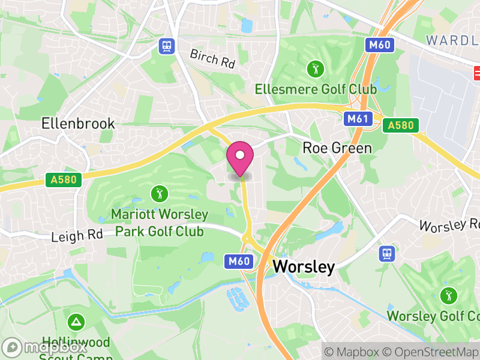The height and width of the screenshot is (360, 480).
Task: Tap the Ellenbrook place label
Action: pos(78,124)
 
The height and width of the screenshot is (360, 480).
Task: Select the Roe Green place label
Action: pos(337,148)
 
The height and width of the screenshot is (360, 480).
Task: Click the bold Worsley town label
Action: pos(304,267)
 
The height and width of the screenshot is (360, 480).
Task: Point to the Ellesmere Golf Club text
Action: pos(316,89)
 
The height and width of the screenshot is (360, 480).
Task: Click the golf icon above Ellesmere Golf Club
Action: pos(315,68)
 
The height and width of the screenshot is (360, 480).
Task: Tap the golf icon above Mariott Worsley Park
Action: pos(159,193)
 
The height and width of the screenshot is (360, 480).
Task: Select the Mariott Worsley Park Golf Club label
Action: pos(160,223)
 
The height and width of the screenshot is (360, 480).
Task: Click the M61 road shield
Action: pos(357,119)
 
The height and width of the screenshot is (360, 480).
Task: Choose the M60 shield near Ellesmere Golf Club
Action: pos(380,45)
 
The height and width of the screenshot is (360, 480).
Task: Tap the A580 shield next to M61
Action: pos(401,125)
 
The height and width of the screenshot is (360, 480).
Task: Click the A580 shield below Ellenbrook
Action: pos(62,179)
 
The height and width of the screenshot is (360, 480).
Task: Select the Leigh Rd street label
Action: pos(77,235)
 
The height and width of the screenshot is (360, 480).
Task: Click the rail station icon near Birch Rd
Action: pos(166,46)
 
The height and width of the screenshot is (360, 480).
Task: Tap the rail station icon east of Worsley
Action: pos(387,253)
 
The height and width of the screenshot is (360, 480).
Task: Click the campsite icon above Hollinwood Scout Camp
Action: pos(76,322)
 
